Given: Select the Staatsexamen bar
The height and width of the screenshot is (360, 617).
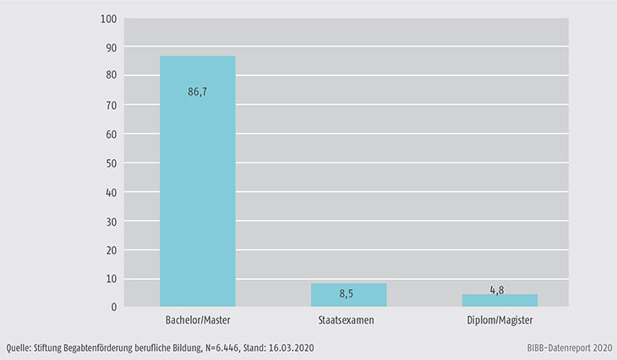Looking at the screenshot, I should click(x=348, y=295).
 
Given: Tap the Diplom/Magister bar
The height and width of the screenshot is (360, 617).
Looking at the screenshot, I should click(x=500, y=300).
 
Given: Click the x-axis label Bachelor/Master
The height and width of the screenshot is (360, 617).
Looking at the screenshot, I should click(x=198, y=321).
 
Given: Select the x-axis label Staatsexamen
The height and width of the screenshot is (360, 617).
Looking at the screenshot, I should click(x=348, y=321).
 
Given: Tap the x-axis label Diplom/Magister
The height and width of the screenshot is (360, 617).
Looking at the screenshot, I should click(x=500, y=321).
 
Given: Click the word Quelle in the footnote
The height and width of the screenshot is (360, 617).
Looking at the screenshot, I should click(x=19, y=347).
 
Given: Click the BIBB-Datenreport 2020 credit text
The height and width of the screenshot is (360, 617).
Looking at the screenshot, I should click(x=563, y=347).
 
